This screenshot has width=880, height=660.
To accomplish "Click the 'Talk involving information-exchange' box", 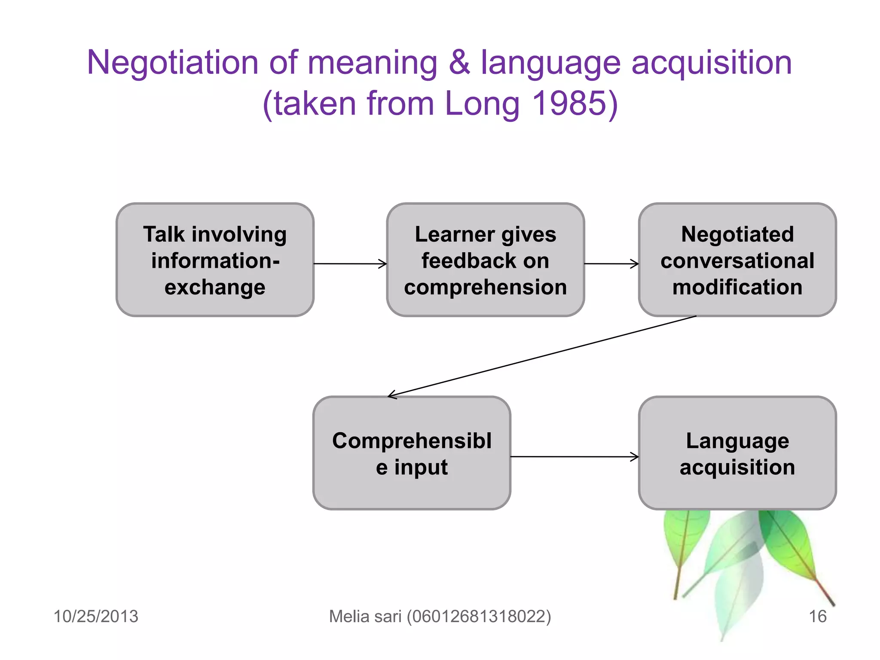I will point(215,260).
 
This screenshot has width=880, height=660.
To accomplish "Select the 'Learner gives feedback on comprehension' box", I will point(485,260).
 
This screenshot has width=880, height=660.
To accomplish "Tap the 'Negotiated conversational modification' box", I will point(737,260).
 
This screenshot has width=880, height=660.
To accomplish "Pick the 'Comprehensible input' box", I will point(412,453).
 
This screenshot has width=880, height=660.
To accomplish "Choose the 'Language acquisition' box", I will point(737,453).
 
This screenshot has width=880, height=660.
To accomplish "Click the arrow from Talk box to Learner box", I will point(350,263).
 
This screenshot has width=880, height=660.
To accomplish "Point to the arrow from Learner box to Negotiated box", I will point(611,263).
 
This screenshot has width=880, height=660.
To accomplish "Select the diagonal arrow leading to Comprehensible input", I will point(541,356).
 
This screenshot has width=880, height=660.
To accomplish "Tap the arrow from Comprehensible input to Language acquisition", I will point(574,456).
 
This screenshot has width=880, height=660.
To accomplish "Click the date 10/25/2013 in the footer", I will point(96,616).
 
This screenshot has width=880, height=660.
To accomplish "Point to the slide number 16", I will point(817,616).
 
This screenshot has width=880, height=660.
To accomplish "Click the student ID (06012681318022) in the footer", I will point(479,616).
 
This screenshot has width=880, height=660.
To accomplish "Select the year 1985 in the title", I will point(568,104).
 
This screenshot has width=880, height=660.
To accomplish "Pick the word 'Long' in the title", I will point(482,104).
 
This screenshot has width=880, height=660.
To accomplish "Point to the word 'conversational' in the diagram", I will point(737,260).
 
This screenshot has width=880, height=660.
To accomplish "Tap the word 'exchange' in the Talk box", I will point(215,287).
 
